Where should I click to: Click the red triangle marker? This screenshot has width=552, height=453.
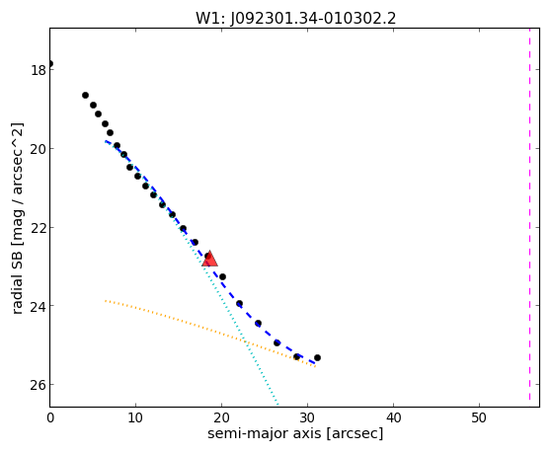(x=209, y=259)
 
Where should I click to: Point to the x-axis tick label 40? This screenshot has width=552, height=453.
(x=393, y=417)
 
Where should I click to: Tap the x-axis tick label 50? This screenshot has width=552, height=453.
(x=479, y=417)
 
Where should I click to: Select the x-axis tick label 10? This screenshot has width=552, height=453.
(x=135, y=417)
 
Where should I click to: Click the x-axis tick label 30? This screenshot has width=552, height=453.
(x=307, y=417)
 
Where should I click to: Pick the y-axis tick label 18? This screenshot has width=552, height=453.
(x=39, y=70)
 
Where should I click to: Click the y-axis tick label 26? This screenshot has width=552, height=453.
(x=39, y=385)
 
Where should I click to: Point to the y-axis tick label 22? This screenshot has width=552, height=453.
(x=39, y=228)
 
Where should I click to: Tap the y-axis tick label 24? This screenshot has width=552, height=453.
(x=39, y=306)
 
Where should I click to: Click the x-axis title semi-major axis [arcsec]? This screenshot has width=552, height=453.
(x=295, y=433)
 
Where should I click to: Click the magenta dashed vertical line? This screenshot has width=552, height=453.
(x=529, y=215)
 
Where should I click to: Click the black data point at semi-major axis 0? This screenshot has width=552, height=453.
(x=50, y=64)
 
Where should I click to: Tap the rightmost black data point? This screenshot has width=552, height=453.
(x=317, y=357)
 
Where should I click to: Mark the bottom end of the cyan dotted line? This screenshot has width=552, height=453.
(x=277, y=405)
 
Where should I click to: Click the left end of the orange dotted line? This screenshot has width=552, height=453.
(x=106, y=301)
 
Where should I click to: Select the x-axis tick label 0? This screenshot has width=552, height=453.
(x=50, y=417)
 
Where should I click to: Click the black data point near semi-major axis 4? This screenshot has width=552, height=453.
(x=85, y=95)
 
